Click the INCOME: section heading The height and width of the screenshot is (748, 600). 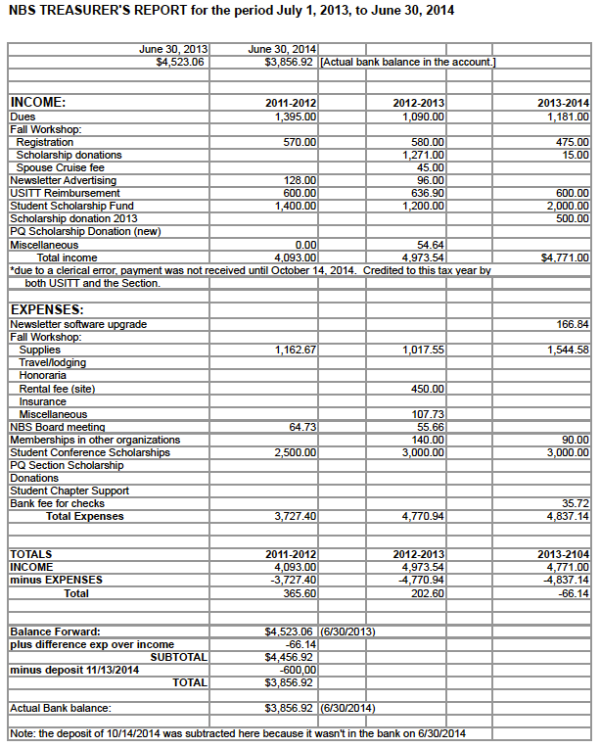tap(38, 102)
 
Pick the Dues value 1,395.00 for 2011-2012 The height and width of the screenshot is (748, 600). tap(296, 117)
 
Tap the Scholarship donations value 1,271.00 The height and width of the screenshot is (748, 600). tap(424, 155)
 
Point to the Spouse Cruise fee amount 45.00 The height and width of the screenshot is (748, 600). tap(431, 167)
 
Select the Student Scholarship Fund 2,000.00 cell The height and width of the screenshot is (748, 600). tap(568, 206)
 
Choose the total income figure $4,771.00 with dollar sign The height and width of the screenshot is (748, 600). tap(565, 257)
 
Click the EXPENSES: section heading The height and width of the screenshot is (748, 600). tap(46, 310)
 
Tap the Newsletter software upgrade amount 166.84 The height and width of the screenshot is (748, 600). tap(571, 324)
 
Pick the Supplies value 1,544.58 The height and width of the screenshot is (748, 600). tap(568, 350)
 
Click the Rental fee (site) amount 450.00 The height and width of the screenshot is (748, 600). tap(428, 389)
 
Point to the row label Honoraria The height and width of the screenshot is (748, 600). tap(43, 375)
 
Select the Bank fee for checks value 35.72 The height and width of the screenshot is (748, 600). tap(574, 503)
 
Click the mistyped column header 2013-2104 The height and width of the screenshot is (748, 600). tap(564, 554)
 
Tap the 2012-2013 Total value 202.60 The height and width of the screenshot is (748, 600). tap(428, 592)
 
